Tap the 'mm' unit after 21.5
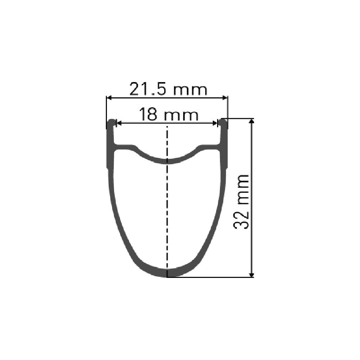pos(190,90)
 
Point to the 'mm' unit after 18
pos(181,116)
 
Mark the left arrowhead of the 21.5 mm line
pos(108,97)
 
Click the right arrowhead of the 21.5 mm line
pos(226,97)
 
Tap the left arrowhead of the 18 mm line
pos(118,123)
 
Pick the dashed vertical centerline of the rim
pos(167,216)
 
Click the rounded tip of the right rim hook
pos(224,121)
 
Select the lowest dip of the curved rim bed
pos(167,161)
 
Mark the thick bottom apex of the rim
pos(167,274)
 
